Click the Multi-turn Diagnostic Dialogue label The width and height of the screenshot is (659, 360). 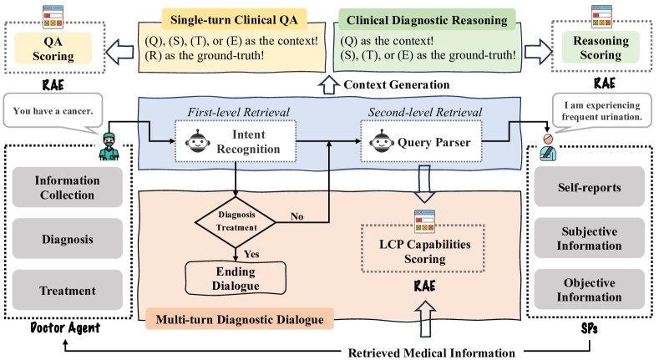coord(238,318)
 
